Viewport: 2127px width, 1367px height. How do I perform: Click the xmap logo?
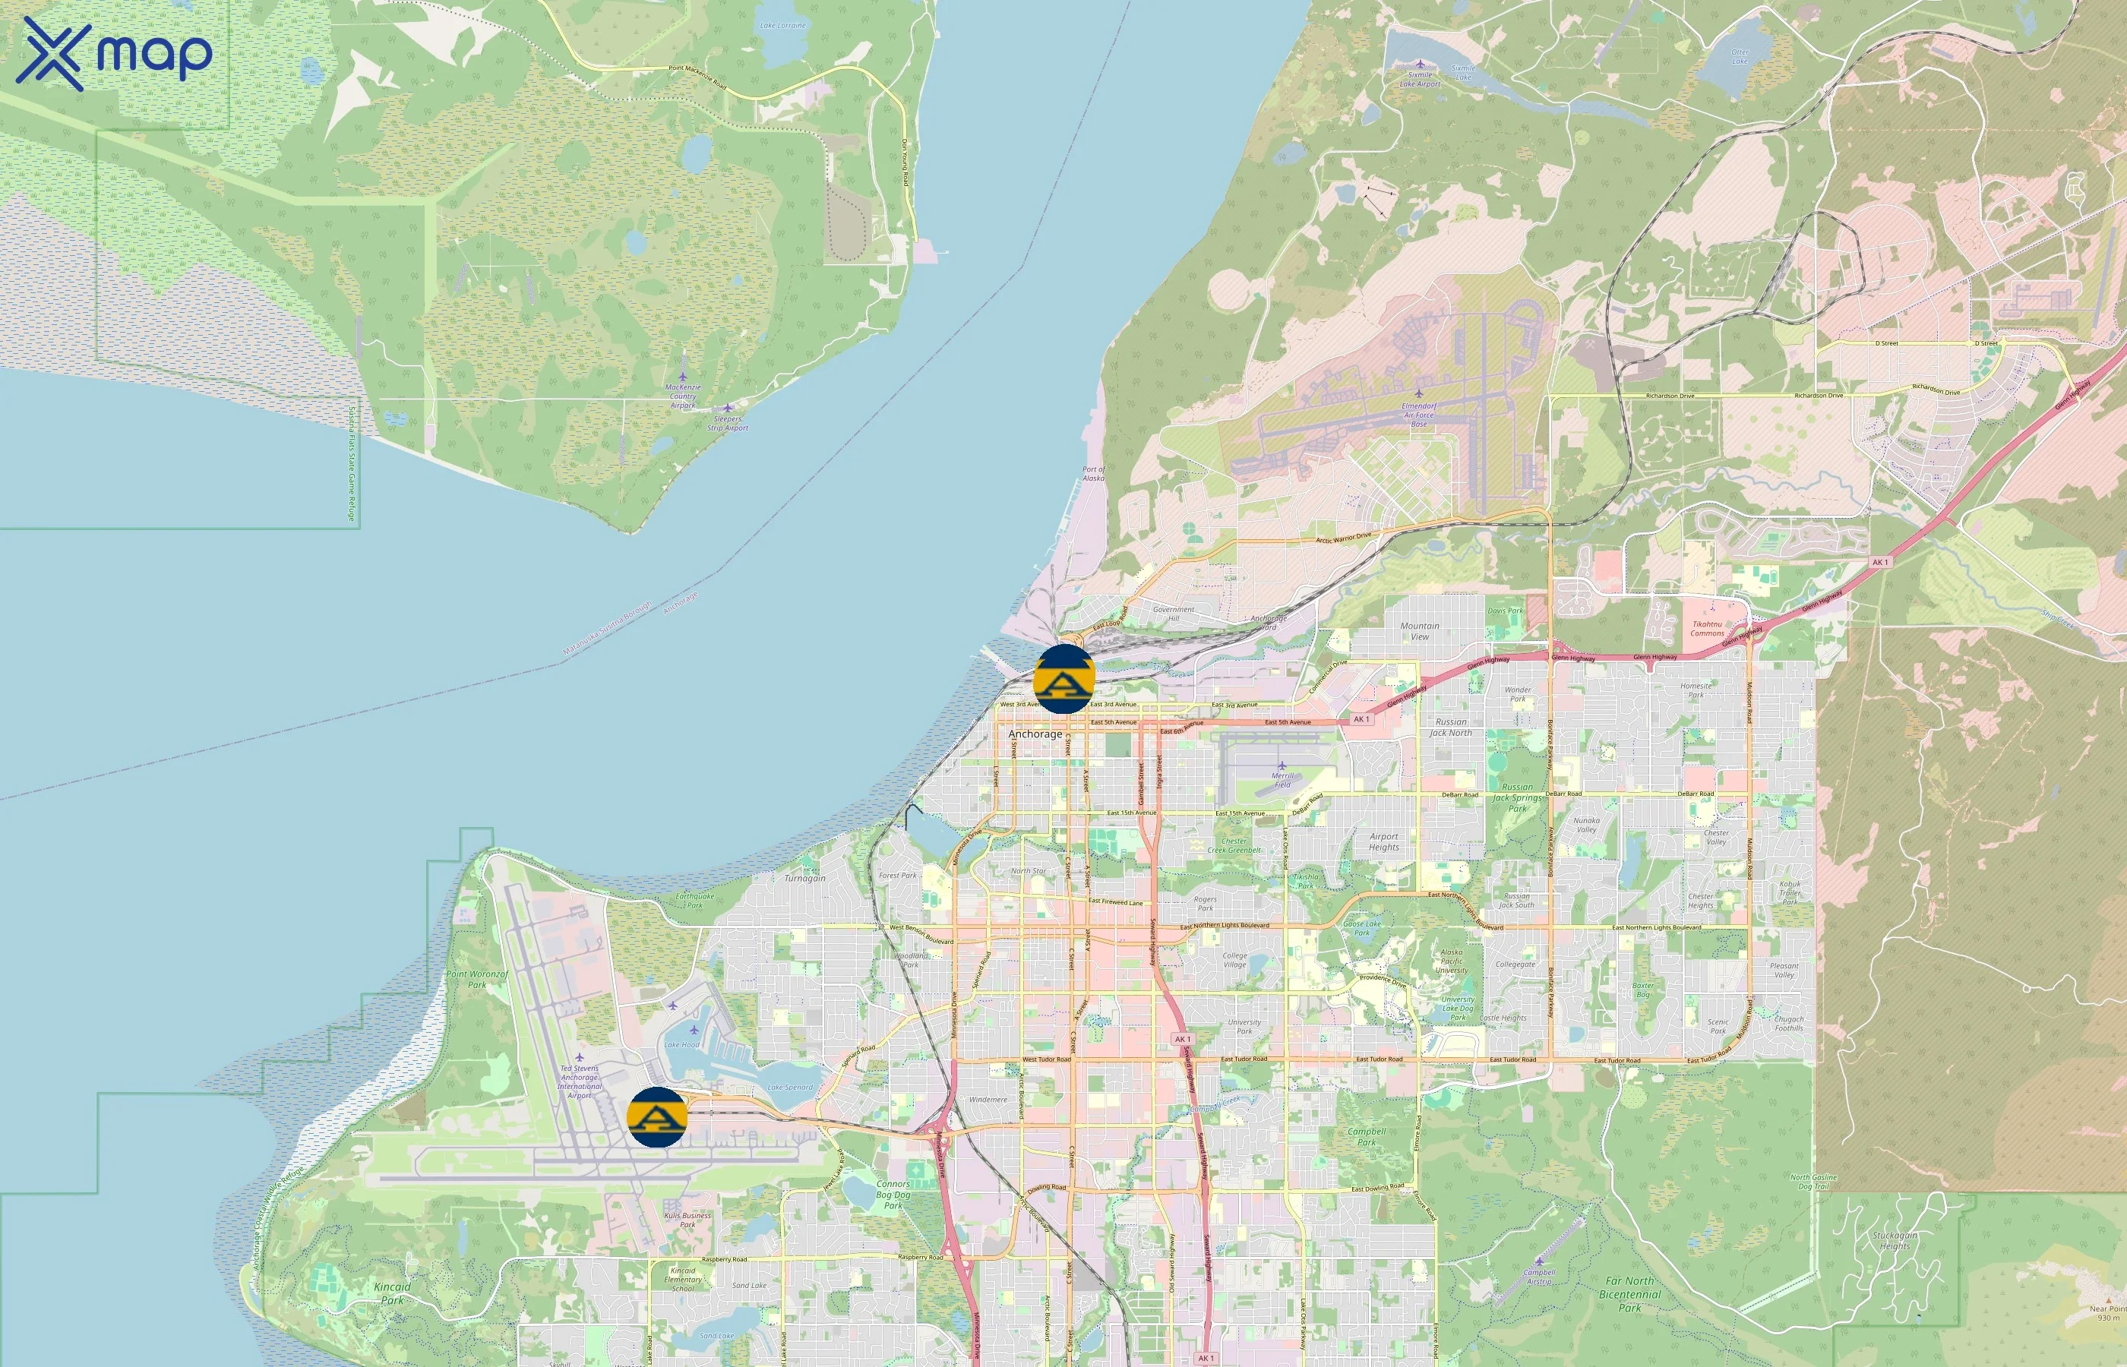[114, 53]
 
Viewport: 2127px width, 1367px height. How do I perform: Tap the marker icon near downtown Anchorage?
[1063, 679]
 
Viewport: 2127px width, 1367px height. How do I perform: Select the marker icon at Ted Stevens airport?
[657, 1116]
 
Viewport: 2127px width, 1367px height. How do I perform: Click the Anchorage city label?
[1035, 734]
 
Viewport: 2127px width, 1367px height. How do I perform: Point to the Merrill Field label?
[1283, 780]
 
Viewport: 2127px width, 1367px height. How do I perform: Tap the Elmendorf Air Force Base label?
[1418, 415]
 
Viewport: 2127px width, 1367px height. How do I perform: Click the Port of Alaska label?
[1094, 473]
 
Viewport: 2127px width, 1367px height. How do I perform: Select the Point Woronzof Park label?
[478, 979]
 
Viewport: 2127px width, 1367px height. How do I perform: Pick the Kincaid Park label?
[393, 1293]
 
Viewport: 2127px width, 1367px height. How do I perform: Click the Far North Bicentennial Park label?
[1630, 1294]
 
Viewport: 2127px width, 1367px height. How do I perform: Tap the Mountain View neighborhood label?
[1420, 631]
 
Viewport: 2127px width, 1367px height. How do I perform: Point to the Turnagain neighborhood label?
[804, 878]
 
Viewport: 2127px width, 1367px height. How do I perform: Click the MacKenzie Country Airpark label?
[683, 396]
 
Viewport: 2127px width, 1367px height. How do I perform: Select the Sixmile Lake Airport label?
[1421, 80]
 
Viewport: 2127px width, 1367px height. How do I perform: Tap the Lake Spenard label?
[789, 1087]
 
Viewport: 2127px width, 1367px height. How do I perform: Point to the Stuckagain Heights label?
[1895, 1240]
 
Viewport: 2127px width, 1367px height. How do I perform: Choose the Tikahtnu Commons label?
[1707, 629]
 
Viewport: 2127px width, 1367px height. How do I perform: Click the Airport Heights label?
[1384, 841]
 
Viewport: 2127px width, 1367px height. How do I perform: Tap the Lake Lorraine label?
[783, 26]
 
